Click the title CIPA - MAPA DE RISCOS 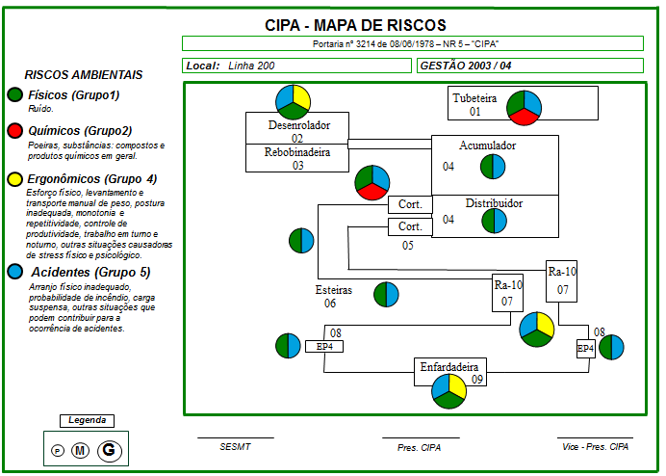tap(355, 25)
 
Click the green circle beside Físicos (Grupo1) tap(14, 95)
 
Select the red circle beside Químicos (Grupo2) tap(14, 131)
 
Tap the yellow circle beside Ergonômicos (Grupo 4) tap(14, 179)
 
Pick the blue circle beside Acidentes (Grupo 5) tap(14, 273)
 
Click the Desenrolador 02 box tap(297, 129)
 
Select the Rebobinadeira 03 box tap(297, 158)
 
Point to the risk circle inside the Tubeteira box tap(524, 107)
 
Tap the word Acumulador tap(487, 146)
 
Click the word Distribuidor tap(494, 204)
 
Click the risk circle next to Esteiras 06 tap(386, 295)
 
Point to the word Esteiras tap(334, 289)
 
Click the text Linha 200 tap(252, 66)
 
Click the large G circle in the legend tap(109, 449)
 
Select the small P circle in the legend tap(57, 450)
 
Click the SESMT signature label tap(235, 447)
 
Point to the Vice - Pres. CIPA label tap(595, 447)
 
